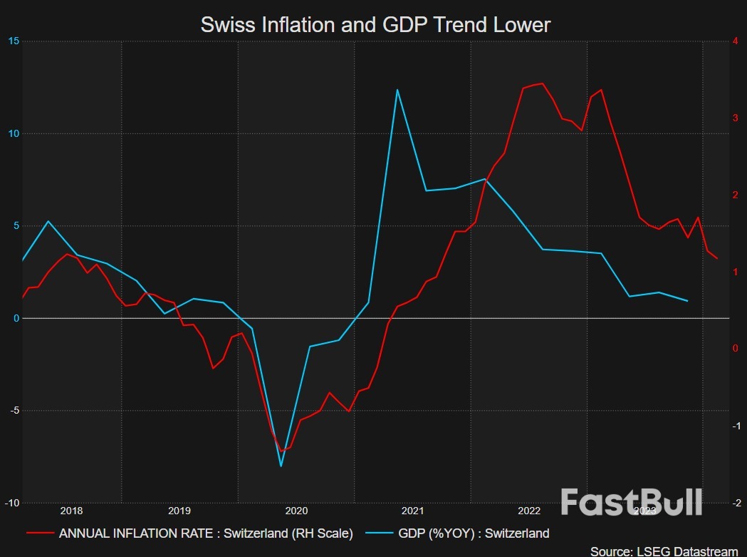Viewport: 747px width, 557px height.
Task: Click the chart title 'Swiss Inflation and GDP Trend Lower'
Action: tap(375, 25)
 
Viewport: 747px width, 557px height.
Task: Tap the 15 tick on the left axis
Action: tap(14, 41)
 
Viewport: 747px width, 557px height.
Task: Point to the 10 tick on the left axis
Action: tap(14, 134)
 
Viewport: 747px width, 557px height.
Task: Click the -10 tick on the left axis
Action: tap(12, 503)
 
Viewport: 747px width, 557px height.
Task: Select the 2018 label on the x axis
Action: tap(71, 511)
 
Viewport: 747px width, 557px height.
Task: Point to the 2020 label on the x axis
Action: tap(296, 511)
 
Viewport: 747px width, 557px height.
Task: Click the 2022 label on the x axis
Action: tap(529, 511)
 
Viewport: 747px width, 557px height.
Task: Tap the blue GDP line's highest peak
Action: tap(397, 90)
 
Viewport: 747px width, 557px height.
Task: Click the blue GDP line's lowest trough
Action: tap(281, 466)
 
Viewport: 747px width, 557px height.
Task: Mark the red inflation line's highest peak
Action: tap(543, 83)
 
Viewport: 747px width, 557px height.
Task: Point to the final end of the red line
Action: tap(717, 259)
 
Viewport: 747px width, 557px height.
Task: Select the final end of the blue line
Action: tap(687, 301)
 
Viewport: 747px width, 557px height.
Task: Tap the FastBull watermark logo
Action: tap(631, 502)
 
